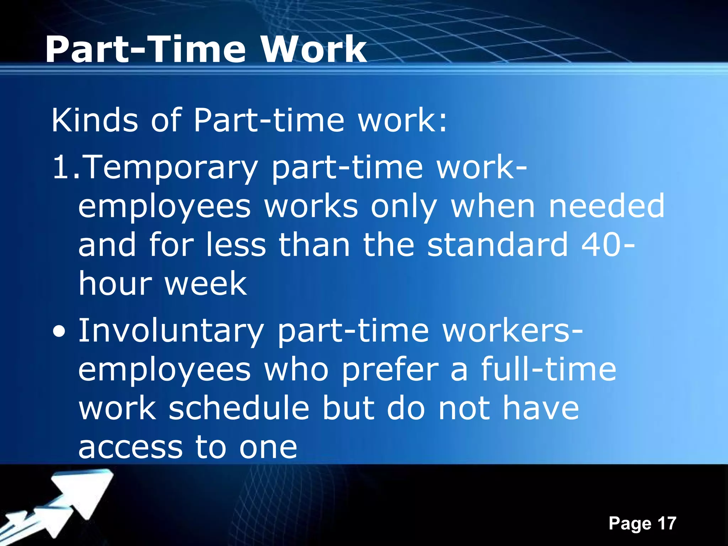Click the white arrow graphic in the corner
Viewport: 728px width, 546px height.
click(68, 505)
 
